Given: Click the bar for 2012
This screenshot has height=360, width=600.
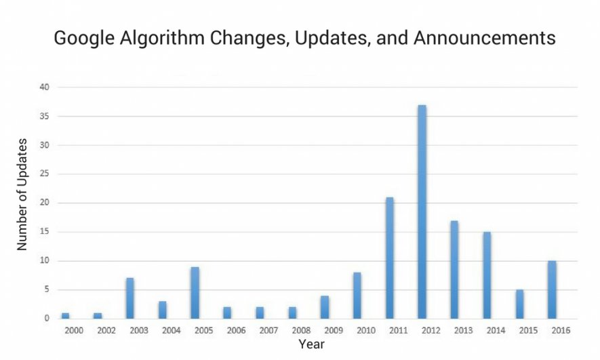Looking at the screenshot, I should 422,212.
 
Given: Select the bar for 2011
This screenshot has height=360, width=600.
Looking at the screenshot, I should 390,258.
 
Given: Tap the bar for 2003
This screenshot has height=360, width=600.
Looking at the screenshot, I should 129,298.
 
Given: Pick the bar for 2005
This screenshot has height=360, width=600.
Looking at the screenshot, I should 195,293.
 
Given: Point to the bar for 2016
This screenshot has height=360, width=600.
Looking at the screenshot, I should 552,289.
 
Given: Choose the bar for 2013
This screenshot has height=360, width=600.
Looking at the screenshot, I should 454,269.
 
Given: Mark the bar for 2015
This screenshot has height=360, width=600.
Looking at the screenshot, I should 519,304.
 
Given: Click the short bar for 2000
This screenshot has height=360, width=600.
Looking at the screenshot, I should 65,315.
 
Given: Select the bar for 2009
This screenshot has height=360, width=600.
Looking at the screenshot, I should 325,306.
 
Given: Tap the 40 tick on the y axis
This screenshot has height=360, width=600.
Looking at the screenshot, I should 44,87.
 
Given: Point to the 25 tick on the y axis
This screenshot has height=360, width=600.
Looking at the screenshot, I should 44,174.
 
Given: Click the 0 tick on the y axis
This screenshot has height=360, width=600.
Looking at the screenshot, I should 46,319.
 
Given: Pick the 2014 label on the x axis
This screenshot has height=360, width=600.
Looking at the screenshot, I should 495,330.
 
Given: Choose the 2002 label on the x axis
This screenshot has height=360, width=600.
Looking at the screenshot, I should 105,330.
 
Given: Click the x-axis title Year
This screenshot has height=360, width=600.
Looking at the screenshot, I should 312,344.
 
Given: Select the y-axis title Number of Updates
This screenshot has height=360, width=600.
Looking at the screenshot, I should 23,195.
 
